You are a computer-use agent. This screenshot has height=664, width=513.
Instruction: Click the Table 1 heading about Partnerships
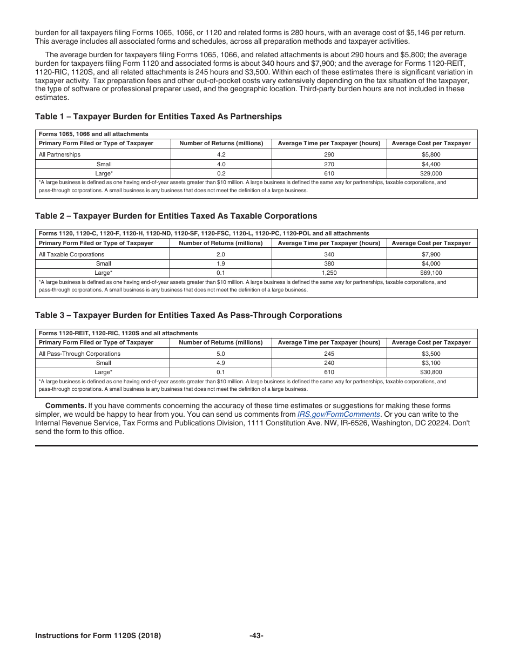click(x=158, y=117)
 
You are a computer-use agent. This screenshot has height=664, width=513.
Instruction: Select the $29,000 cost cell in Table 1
click(x=431, y=174)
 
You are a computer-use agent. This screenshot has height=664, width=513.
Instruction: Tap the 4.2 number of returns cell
click(x=221, y=154)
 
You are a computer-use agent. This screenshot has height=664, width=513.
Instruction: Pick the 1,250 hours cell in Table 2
click(x=329, y=273)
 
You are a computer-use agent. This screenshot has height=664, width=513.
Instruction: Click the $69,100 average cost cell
click(x=431, y=273)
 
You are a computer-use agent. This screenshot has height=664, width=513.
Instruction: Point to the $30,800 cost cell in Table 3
click(x=431, y=372)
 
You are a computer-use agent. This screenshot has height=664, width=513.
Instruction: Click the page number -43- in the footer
click(x=256, y=636)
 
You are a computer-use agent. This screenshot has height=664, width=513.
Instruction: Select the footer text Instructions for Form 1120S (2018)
click(x=98, y=636)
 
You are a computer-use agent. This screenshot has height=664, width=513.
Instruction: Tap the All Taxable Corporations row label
click(x=71, y=254)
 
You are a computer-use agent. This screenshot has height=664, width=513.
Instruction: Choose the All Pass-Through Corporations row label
click(x=79, y=354)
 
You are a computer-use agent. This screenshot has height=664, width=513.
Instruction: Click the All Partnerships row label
click(x=59, y=154)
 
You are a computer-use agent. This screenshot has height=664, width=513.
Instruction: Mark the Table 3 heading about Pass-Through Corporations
click(x=188, y=315)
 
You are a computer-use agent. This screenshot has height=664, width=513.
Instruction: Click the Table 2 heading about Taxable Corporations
click(x=176, y=216)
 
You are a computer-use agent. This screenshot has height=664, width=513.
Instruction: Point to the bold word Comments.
click(x=65, y=406)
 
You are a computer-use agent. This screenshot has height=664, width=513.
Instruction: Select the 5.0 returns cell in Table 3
click(x=221, y=354)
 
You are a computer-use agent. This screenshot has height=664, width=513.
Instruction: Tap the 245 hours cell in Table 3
click(x=329, y=354)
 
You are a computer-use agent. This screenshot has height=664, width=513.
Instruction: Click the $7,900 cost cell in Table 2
click(x=431, y=254)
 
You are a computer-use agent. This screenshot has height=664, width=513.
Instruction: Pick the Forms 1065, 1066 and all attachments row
click(x=93, y=134)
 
